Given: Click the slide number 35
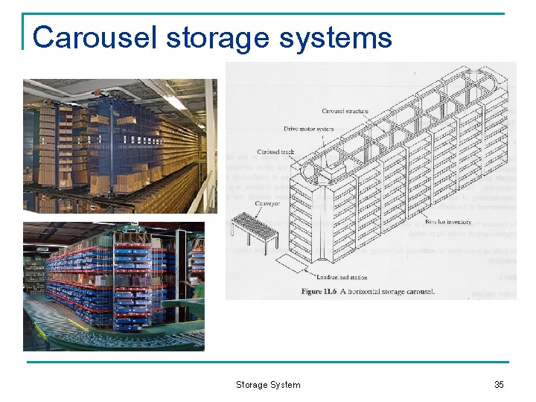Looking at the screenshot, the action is [x=499, y=385].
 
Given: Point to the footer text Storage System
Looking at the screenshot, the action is [x=268, y=385].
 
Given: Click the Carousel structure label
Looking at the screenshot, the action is [x=345, y=112].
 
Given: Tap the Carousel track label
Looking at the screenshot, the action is [x=275, y=152].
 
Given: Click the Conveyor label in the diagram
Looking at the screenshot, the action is [x=267, y=202].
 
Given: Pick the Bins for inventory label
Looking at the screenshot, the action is [x=447, y=222].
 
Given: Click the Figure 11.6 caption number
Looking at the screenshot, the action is [x=322, y=291].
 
